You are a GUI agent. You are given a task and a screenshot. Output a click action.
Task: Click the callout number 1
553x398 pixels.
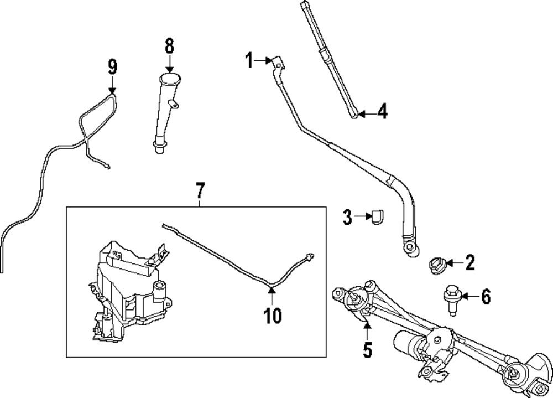pyautogui.click(x=249, y=60)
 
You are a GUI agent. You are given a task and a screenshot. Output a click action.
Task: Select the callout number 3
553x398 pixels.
pyautogui.click(x=347, y=218)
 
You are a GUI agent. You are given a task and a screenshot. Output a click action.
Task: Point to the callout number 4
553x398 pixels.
pyautogui.click(x=382, y=112)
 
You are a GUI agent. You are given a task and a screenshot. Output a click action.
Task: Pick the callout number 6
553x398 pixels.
pyautogui.click(x=485, y=297)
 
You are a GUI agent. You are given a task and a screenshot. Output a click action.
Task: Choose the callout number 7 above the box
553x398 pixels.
pyautogui.click(x=200, y=191)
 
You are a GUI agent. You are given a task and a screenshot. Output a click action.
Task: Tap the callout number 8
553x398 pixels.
pyautogui.click(x=169, y=45)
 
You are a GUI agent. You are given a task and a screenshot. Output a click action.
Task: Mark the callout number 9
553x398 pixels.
pyautogui.click(x=112, y=67)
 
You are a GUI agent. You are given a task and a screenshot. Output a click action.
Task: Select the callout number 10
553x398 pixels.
pyautogui.click(x=272, y=316)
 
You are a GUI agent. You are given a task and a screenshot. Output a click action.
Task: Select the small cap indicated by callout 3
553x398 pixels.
pyautogui.click(x=378, y=218)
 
